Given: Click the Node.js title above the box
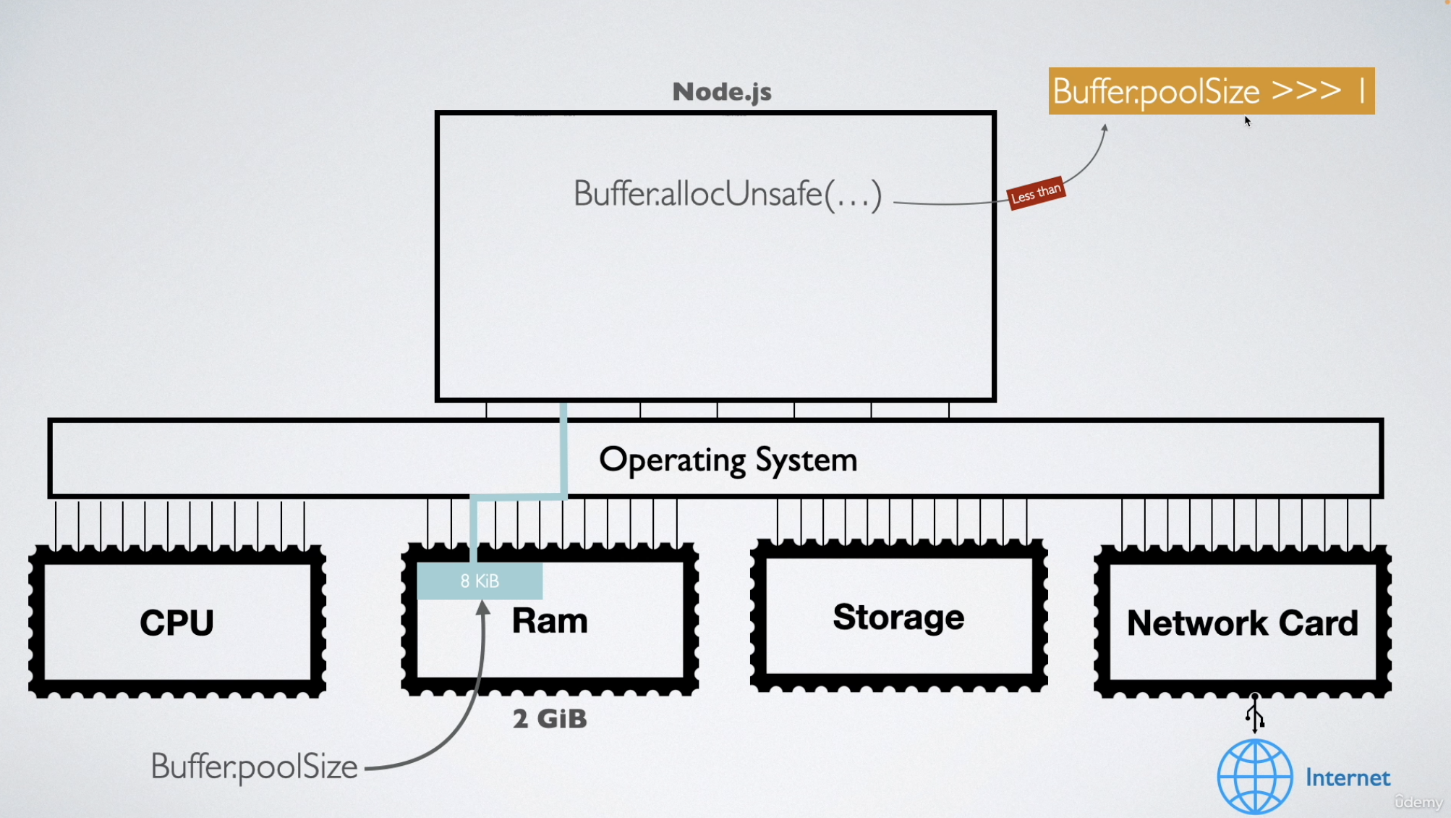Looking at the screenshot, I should pyautogui.click(x=722, y=92).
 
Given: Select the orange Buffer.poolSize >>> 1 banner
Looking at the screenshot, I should pyautogui.click(x=1211, y=91).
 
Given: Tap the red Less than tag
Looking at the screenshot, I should pyautogui.click(x=1036, y=193).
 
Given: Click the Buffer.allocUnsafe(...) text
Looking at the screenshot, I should pyautogui.click(x=727, y=194).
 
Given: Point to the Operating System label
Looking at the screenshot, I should pyautogui.click(x=728, y=460).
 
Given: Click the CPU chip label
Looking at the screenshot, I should pyautogui.click(x=177, y=623).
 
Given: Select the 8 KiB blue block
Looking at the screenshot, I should pyautogui.click(x=480, y=581).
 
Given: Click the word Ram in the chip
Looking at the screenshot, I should pyautogui.click(x=550, y=621).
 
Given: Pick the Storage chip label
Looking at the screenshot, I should pyautogui.click(x=898, y=617).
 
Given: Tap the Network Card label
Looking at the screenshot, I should pyautogui.click(x=1243, y=623).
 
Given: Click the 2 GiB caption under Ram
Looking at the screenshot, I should pyautogui.click(x=550, y=719).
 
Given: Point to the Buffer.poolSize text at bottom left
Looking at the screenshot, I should pyautogui.click(x=254, y=767).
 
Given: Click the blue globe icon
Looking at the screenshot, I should pyautogui.click(x=1254, y=777).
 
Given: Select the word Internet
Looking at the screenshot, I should pyautogui.click(x=1348, y=778).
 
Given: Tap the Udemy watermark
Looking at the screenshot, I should pyautogui.click(x=1418, y=802).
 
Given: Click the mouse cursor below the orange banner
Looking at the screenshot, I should pyautogui.click(x=1248, y=121).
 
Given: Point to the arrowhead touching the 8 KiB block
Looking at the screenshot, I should pyautogui.click(x=483, y=607).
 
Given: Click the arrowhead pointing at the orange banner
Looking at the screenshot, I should pyautogui.click(x=1105, y=128).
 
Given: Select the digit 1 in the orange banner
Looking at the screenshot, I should pyautogui.click(x=1362, y=91).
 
